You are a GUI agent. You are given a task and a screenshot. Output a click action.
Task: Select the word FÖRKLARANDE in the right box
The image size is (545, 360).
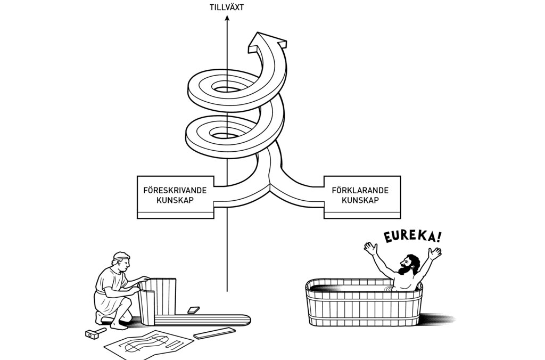(x=360, y=190)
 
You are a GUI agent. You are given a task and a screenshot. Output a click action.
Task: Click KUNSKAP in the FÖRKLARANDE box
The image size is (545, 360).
(x=360, y=200)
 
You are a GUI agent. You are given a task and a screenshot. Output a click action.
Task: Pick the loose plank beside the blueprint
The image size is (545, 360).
(x=214, y=333)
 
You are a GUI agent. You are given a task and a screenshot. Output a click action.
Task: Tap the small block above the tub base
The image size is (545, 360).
(x=193, y=309)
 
